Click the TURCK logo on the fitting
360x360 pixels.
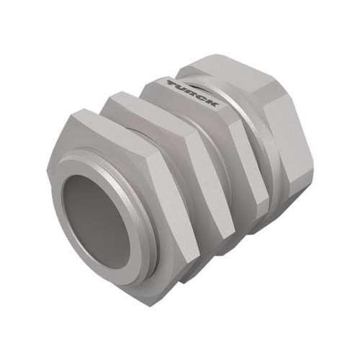[193, 94]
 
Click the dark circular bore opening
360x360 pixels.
[96, 222]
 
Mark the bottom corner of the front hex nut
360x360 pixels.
[149, 308]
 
